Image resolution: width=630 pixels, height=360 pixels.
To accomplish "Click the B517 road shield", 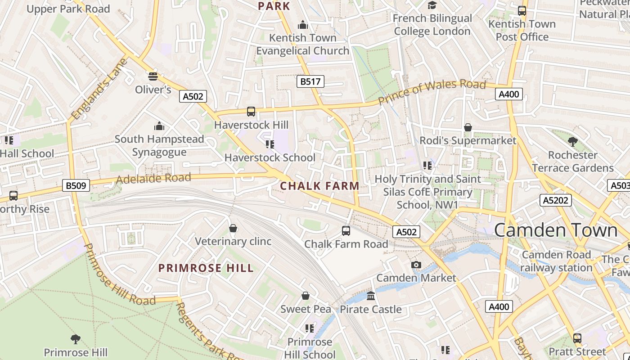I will (310, 81).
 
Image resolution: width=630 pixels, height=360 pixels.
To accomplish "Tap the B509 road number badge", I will (76, 185).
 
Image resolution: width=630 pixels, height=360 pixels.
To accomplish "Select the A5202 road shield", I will (556, 200).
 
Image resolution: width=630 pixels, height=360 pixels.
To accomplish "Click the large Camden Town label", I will (555, 230).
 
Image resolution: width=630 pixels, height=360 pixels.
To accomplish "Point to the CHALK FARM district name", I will (319, 186).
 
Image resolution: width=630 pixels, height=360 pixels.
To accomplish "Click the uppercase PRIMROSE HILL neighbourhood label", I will (206, 268).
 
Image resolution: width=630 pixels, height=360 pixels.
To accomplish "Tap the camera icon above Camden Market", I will (416, 265).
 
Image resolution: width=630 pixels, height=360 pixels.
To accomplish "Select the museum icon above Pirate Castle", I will (371, 296).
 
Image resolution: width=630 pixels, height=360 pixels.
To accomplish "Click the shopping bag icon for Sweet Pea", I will (306, 296).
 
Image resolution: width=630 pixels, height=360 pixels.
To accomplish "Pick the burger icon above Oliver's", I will (153, 76).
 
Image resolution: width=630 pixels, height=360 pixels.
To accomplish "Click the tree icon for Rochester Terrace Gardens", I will (572, 142).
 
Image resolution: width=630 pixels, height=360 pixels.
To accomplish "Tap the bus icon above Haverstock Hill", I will (251, 111).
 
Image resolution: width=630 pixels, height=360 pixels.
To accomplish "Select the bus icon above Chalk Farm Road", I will (346, 230).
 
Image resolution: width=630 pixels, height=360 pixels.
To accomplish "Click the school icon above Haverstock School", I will (270, 144).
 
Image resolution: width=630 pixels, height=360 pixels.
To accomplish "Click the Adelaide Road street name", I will (153, 178).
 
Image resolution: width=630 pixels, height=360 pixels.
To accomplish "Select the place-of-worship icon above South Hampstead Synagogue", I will (159, 126).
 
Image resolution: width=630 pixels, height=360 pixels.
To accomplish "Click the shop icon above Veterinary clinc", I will (233, 228).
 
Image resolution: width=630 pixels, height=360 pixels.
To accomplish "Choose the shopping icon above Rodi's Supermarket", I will (468, 127).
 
